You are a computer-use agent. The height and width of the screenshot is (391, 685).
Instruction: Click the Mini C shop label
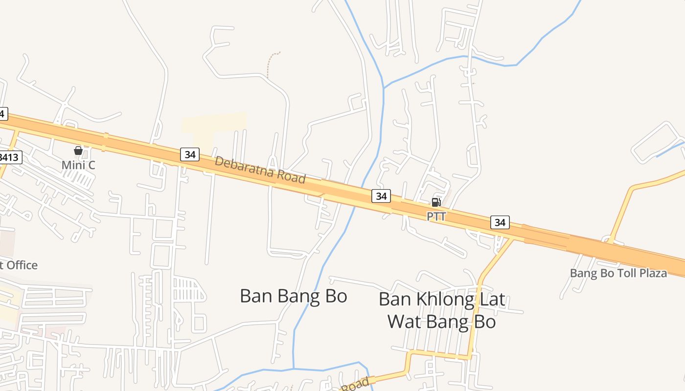pos(78,165)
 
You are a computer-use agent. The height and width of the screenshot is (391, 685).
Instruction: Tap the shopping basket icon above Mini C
pos(78,151)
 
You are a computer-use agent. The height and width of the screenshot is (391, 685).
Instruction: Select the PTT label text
pos(436,216)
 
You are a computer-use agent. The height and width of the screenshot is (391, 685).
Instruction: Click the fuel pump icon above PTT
pos(436,202)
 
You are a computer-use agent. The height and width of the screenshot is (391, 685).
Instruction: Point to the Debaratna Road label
pos(260,170)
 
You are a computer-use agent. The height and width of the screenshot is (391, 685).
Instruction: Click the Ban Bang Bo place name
pos(294,296)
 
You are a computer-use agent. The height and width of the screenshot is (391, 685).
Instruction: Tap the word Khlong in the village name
pos(442,299)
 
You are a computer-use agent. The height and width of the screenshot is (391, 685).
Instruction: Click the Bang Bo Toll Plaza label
pos(618,273)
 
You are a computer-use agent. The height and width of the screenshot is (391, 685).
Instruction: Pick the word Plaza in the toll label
pos(652,273)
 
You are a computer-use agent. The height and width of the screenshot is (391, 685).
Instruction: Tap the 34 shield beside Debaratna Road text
pos(190,154)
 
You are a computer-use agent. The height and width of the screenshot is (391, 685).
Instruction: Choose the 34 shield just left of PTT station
pos(381,196)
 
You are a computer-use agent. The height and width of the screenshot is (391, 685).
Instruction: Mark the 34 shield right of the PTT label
pos(500,222)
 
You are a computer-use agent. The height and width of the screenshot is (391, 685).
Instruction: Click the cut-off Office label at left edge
pos(18,265)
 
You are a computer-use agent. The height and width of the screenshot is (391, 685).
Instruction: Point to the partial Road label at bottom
pos(355,385)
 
